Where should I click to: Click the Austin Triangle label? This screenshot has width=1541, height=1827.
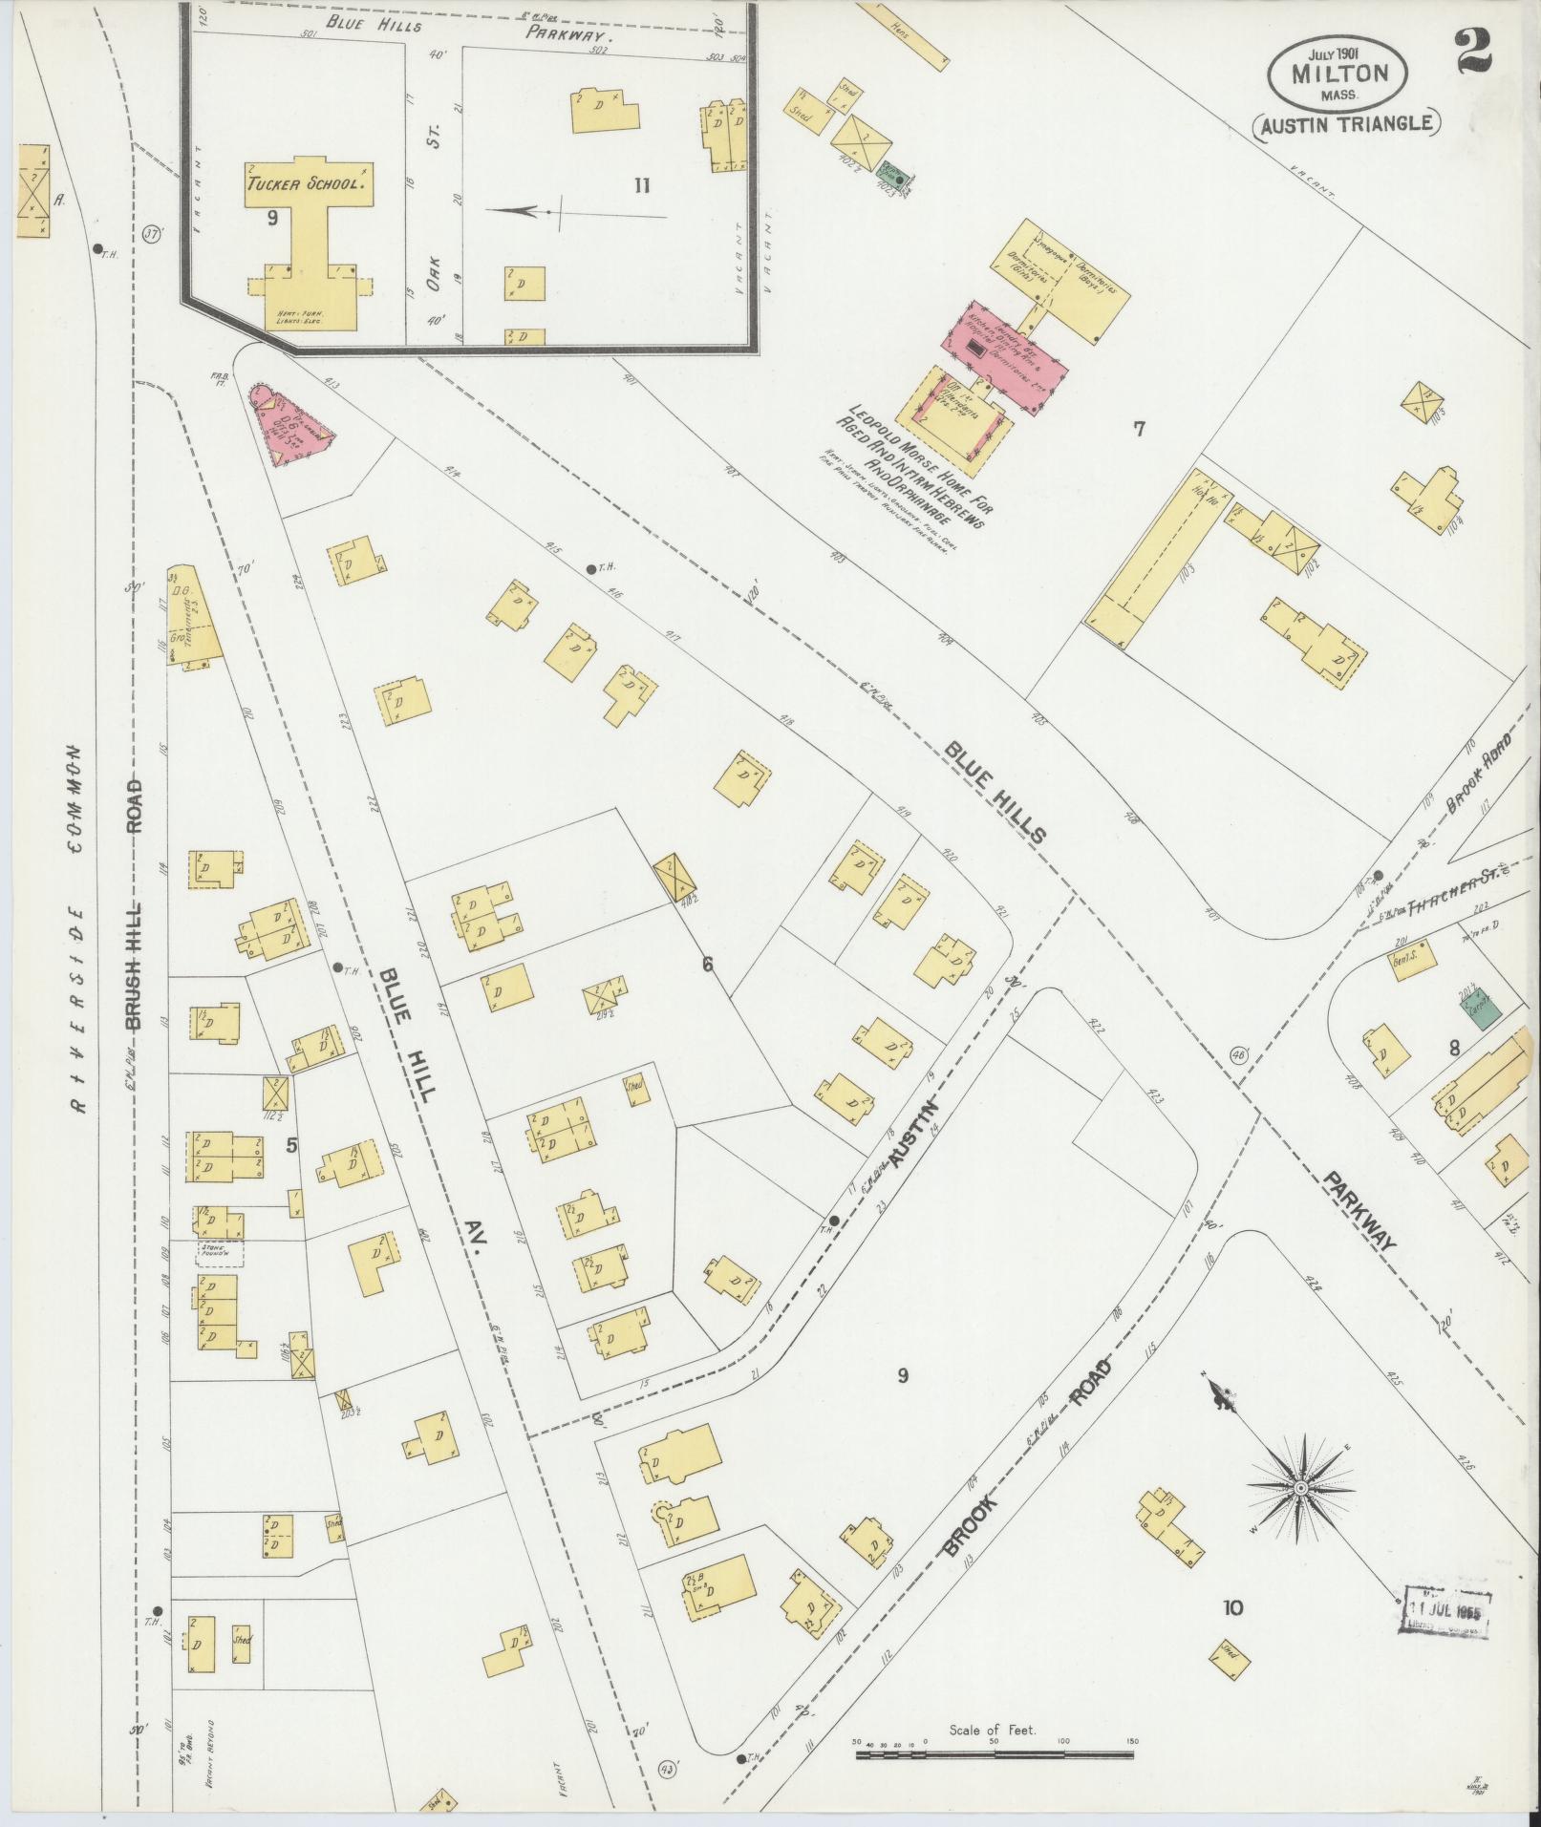[1346, 123]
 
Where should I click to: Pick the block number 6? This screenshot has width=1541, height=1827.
[707, 965]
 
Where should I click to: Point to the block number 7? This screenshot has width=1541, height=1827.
[1139, 429]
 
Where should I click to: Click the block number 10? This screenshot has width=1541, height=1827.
[1232, 1608]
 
